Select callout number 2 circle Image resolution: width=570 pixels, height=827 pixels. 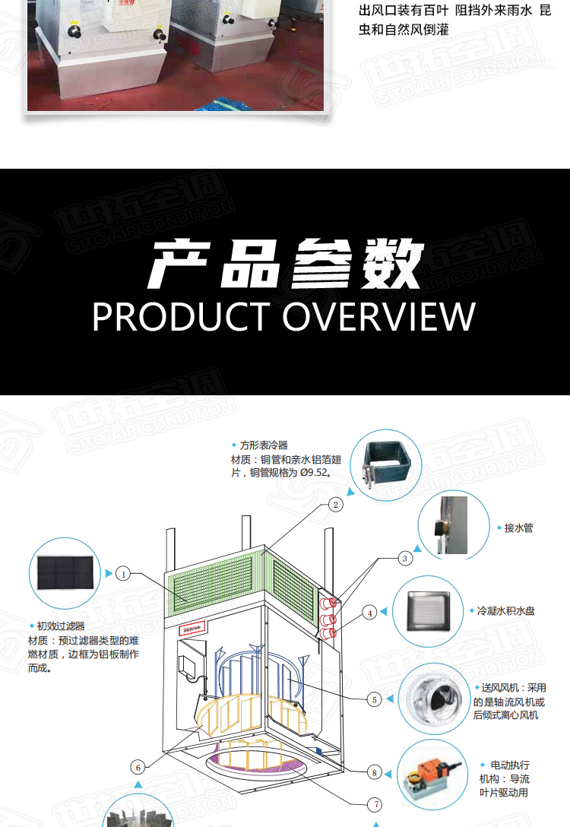[x=335, y=504]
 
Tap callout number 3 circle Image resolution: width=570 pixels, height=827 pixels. [x=405, y=559]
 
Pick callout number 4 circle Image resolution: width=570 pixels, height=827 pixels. [x=369, y=612]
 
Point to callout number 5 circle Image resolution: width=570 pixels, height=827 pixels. [x=375, y=699]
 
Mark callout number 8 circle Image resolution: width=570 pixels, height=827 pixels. [x=374, y=772]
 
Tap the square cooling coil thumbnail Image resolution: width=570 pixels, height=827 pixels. [x=391, y=464]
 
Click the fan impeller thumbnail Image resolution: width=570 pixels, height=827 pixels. [x=429, y=698]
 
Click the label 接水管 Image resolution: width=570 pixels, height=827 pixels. [x=519, y=528]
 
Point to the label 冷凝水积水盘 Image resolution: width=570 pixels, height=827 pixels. [x=506, y=610]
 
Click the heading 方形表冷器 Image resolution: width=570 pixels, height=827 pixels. [x=264, y=445]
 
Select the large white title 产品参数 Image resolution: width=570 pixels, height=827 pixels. [x=285, y=264]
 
